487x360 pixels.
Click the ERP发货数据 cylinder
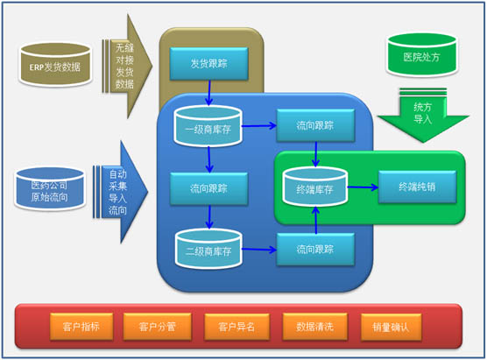(55, 65)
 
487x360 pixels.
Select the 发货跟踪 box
(209, 64)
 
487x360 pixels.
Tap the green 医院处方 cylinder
(421, 55)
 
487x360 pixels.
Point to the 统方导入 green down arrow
(423, 116)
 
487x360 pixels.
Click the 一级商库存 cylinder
(208, 126)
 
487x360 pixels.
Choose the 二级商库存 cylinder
(208, 249)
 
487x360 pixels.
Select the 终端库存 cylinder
(314, 187)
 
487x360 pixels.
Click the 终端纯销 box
(418, 187)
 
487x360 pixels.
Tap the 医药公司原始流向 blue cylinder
(50, 188)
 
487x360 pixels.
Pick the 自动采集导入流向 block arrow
(120, 193)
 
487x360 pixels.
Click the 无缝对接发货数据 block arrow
(126, 67)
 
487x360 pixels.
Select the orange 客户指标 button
(81, 327)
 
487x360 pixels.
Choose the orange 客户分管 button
(157, 327)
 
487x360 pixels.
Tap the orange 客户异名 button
(236, 327)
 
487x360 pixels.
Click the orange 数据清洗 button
(314, 327)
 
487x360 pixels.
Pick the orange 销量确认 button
(391, 327)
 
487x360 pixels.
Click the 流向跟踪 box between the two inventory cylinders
(209, 188)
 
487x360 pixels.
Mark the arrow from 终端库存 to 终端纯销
(363, 187)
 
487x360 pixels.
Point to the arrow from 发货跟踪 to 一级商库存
(209, 93)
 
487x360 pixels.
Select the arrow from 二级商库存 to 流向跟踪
(259, 250)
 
